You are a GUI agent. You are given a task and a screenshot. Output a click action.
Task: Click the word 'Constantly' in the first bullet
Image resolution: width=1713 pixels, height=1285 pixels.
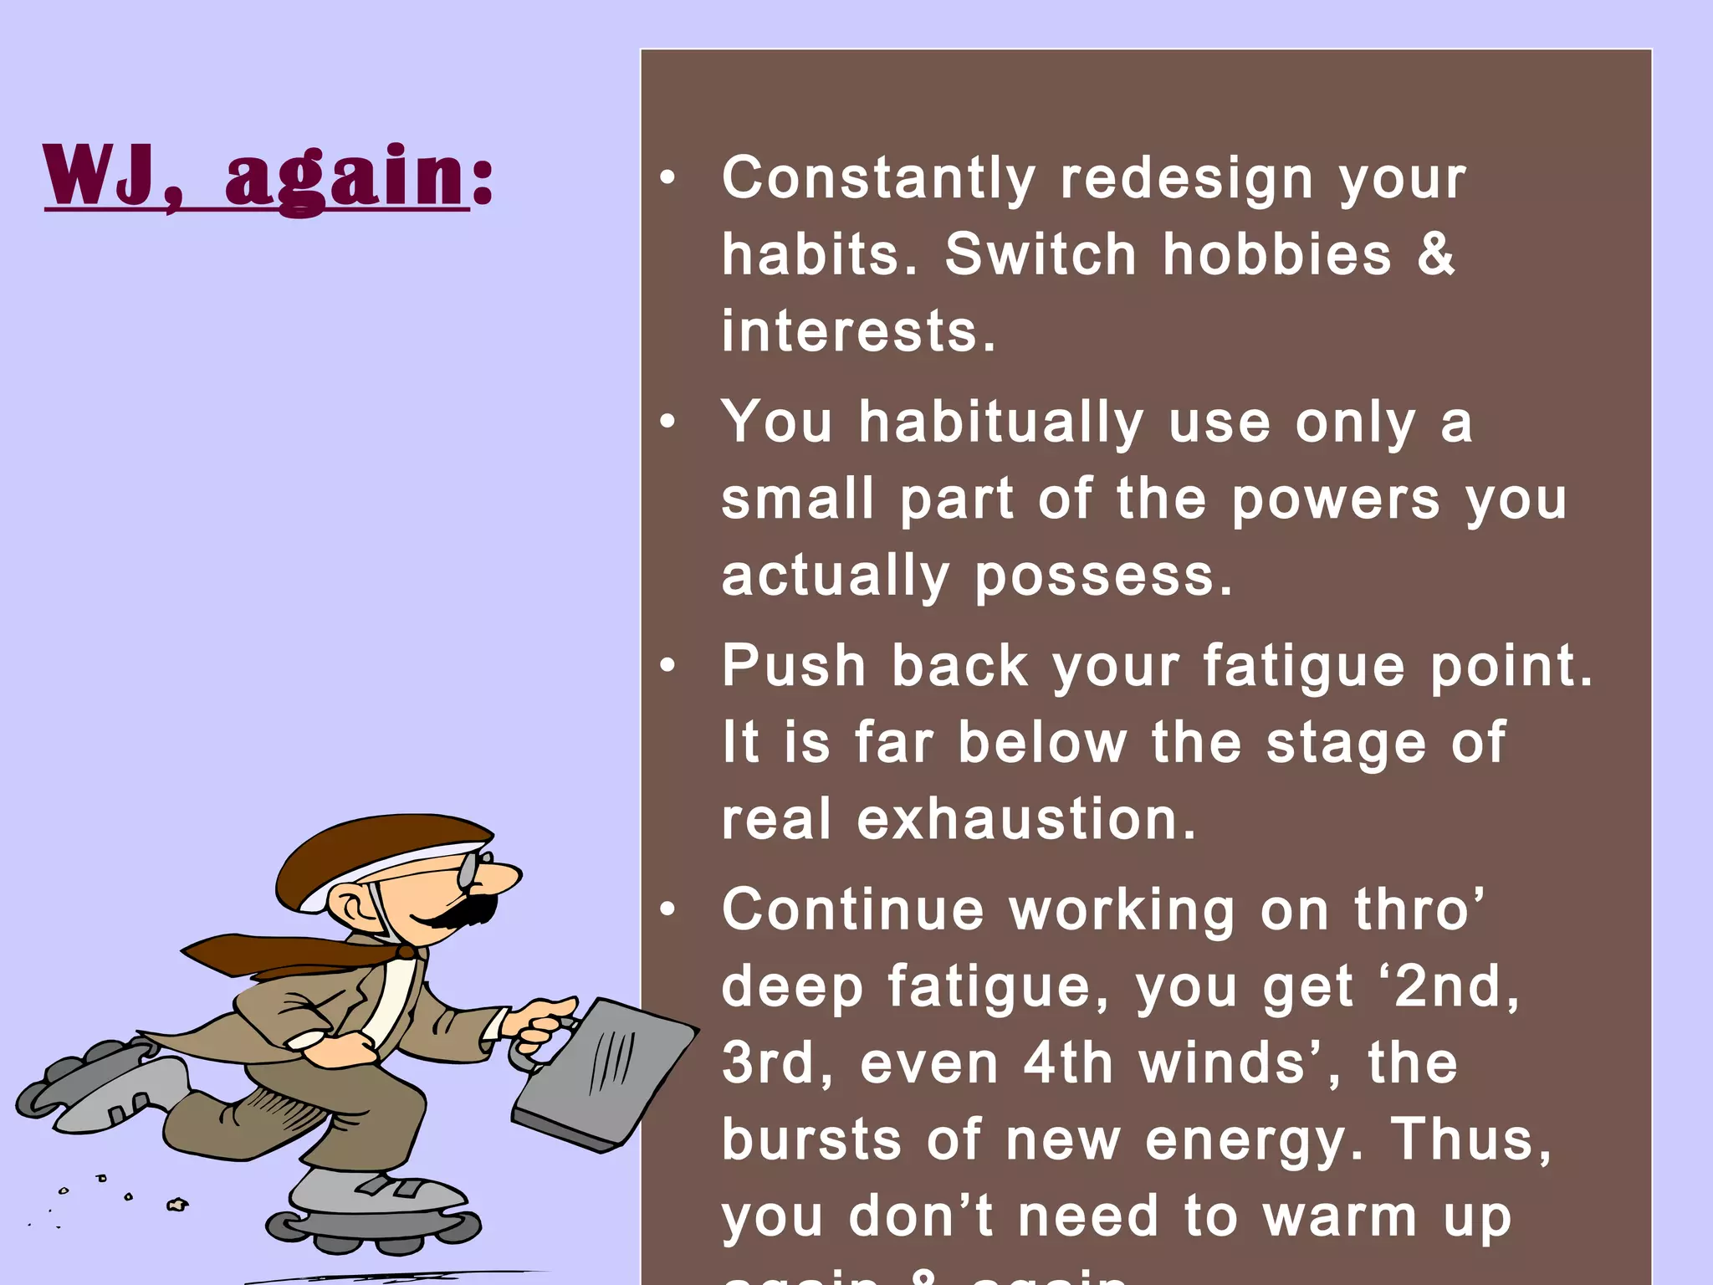tap(878, 179)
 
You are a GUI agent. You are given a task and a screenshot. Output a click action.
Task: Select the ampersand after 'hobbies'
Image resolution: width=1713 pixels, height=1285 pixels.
tap(1436, 254)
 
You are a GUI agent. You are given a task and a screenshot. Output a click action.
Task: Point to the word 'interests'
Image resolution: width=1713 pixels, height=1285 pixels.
tap(858, 331)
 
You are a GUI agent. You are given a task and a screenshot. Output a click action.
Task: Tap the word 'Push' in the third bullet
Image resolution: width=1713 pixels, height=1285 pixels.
tap(794, 667)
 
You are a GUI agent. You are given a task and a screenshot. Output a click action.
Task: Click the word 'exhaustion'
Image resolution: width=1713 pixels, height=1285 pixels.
tap(1026, 819)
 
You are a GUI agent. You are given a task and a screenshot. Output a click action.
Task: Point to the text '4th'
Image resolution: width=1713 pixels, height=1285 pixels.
tap(1068, 1063)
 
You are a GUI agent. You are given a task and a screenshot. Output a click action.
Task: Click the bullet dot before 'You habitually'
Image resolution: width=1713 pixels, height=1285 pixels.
tap(667, 422)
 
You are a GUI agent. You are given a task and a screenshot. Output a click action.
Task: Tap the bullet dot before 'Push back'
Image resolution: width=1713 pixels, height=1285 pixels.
tap(667, 667)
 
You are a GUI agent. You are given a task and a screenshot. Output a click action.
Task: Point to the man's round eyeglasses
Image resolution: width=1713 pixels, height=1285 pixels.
tap(468, 870)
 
